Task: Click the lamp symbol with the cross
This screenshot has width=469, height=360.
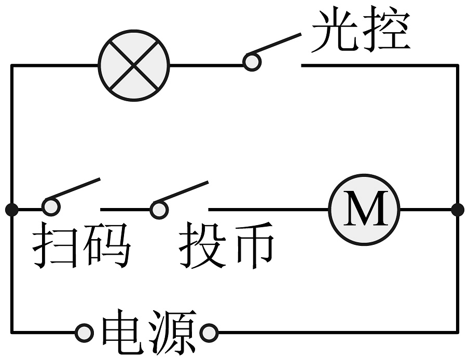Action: pos(134,66)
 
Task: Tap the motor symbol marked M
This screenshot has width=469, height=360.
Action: pos(365,210)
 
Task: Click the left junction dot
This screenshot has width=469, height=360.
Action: pos(11,210)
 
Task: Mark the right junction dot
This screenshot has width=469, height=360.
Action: pos(457,210)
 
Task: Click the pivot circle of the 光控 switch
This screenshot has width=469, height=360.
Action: pos(252,61)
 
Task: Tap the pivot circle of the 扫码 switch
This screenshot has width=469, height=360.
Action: pos(51,206)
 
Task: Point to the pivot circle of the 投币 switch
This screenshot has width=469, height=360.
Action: pos(159,209)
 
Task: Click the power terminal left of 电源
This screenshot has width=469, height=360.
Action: pos(83,333)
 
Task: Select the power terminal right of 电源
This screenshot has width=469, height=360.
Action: pos(209,333)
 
